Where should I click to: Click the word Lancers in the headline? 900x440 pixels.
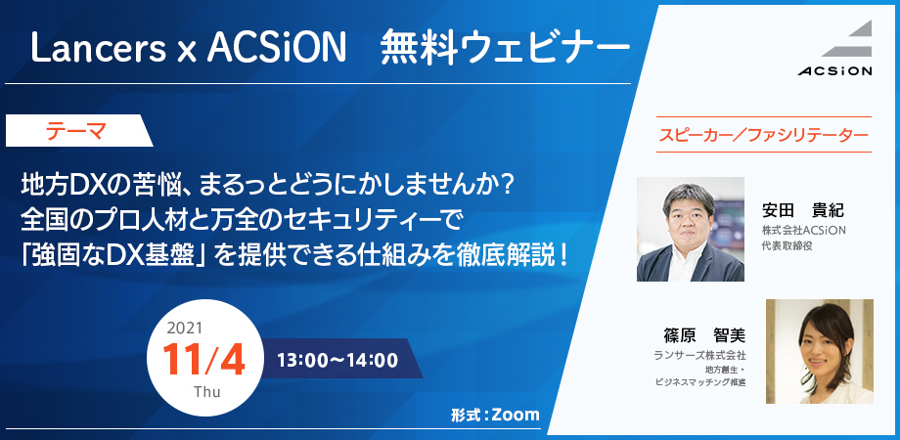click(99, 48)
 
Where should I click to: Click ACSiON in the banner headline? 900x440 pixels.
click(277, 48)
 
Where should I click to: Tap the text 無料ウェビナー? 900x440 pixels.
click(505, 48)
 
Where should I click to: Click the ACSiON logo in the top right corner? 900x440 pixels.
click(834, 48)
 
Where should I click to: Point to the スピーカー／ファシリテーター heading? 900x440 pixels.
click(763, 135)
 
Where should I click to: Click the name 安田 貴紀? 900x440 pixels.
click(802, 210)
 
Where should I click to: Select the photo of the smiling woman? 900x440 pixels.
click(820, 351)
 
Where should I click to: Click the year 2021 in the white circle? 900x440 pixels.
click(184, 329)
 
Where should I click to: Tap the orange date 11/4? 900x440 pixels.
click(203, 360)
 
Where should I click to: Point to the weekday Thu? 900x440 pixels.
click(207, 392)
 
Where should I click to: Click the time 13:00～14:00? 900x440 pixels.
click(337, 360)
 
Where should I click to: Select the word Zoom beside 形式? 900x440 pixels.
click(516, 415)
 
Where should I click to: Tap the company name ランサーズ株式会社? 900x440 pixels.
click(699, 356)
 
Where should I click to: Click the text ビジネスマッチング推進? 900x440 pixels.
click(700, 382)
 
